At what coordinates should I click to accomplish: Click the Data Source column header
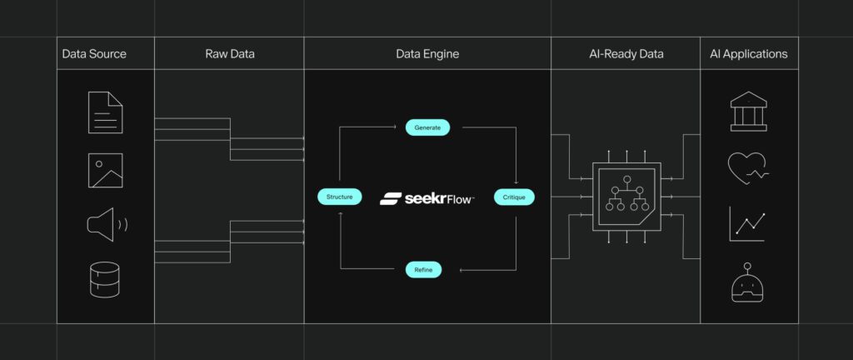[94, 54]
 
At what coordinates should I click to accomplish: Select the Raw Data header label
[230, 54]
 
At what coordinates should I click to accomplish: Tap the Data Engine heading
[427, 54]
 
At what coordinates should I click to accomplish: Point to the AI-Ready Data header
[625, 54]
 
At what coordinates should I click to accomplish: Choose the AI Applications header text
[748, 54]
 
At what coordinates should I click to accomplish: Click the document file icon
[105, 112]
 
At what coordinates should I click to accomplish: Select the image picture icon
[105, 169]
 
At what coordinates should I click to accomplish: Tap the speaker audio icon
[105, 224]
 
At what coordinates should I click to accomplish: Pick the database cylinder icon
[105, 280]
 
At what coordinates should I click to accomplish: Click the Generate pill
[427, 127]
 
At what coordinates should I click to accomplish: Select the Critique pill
[514, 197]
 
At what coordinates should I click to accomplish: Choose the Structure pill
[340, 197]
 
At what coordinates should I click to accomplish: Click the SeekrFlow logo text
[439, 198]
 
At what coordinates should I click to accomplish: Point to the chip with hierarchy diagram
[626, 197]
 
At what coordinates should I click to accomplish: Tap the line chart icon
[747, 224]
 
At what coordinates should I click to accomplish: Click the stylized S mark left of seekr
[392, 199]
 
